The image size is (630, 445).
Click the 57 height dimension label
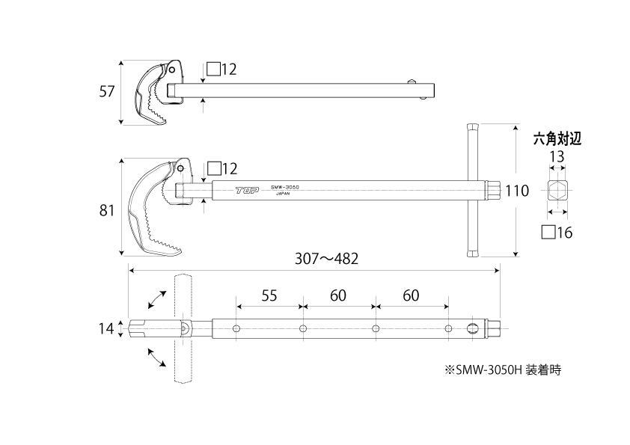coord(107,91)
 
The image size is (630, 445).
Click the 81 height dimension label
coord(107,210)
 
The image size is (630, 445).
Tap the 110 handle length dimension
coord(517,191)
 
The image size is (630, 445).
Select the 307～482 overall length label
coord(327,259)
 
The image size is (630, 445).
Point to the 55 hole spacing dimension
coord(269,295)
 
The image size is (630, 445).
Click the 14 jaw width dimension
coord(106,329)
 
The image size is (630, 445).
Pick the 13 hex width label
coord(557,156)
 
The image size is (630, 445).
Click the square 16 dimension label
coord(557,233)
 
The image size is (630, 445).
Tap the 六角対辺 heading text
coord(557,139)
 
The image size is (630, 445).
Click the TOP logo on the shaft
coord(247,190)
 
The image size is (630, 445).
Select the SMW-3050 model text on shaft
coord(285,187)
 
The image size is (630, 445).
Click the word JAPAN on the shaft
coord(283,194)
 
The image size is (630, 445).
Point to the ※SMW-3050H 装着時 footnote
coord(503,369)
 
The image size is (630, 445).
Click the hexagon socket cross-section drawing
coord(557,191)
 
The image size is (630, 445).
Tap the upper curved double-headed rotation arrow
coord(157,300)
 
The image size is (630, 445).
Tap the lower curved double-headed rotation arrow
coord(157,357)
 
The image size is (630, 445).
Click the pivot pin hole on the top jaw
coord(172,70)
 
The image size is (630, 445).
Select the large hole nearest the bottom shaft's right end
coord(473,328)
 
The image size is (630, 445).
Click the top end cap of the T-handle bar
coord(472,127)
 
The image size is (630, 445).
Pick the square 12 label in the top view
coord(221,70)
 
